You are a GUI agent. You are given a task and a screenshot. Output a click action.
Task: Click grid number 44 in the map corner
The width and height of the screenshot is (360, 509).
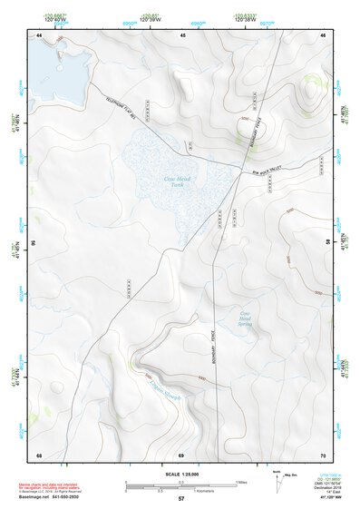click(39, 34)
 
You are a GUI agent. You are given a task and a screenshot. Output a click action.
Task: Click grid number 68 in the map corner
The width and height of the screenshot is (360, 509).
click(39, 454)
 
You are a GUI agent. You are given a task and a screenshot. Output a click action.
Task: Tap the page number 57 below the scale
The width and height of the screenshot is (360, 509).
click(180, 500)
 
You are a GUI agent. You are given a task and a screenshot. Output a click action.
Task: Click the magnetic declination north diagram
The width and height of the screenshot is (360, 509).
click(279, 482)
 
